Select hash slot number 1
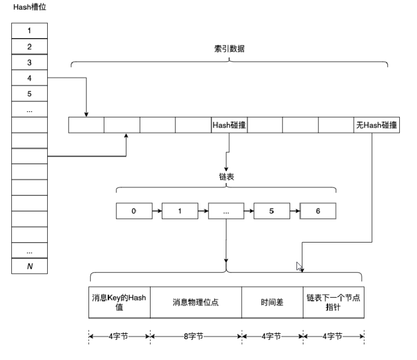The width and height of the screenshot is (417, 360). tap(29, 31)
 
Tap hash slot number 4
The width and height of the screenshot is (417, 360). tap(29, 78)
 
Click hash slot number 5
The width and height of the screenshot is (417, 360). tap(29, 94)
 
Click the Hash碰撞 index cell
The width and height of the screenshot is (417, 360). tap(229, 125)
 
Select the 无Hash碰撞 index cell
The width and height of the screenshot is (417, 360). tap(376, 125)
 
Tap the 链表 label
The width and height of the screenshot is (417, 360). tap(226, 177)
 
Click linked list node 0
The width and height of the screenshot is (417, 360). tap(134, 211)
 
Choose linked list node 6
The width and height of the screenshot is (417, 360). tap(318, 211)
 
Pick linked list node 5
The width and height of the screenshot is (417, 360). tap(272, 211)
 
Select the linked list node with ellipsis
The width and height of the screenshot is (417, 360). tap(226, 211)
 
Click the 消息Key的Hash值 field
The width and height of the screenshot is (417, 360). tap(120, 303)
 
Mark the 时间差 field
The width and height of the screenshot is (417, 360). tap(272, 303)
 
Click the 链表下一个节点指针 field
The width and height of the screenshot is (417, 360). tap(333, 303)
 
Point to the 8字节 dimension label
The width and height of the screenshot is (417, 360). tap(196, 336)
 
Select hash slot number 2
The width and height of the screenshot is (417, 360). tap(29, 47)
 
